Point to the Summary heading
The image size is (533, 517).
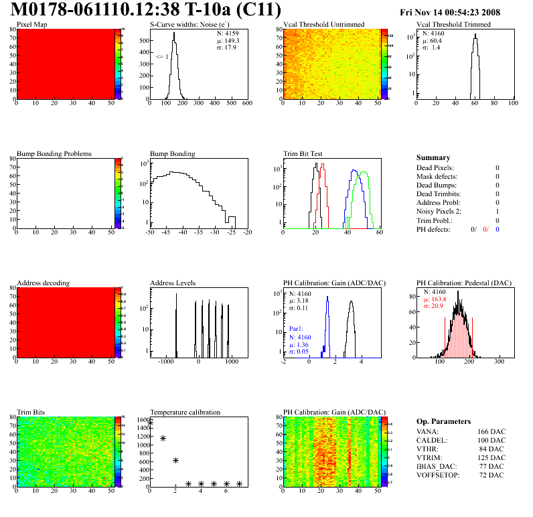(x=433, y=157)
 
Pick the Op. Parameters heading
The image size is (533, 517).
(x=443, y=421)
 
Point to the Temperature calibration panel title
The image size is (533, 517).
(x=185, y=412)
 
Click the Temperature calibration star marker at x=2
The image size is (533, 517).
(x=175, y=460)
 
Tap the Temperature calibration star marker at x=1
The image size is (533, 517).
(x=163, y=438)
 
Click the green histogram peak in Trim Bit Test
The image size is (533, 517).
(x=364, y=173)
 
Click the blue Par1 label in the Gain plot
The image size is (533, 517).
(x=297, y=329)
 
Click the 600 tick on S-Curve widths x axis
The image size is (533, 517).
(x=246, y=104)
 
